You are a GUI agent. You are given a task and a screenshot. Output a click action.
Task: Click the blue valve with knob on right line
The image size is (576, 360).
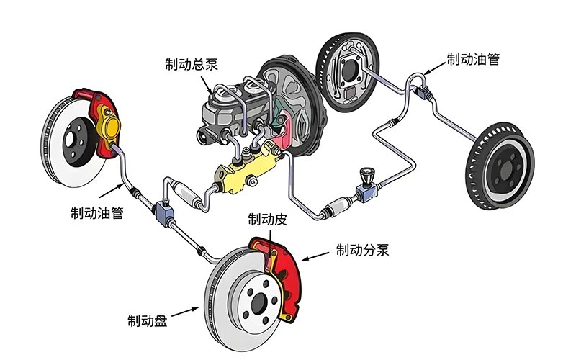[x=365, y=186]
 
